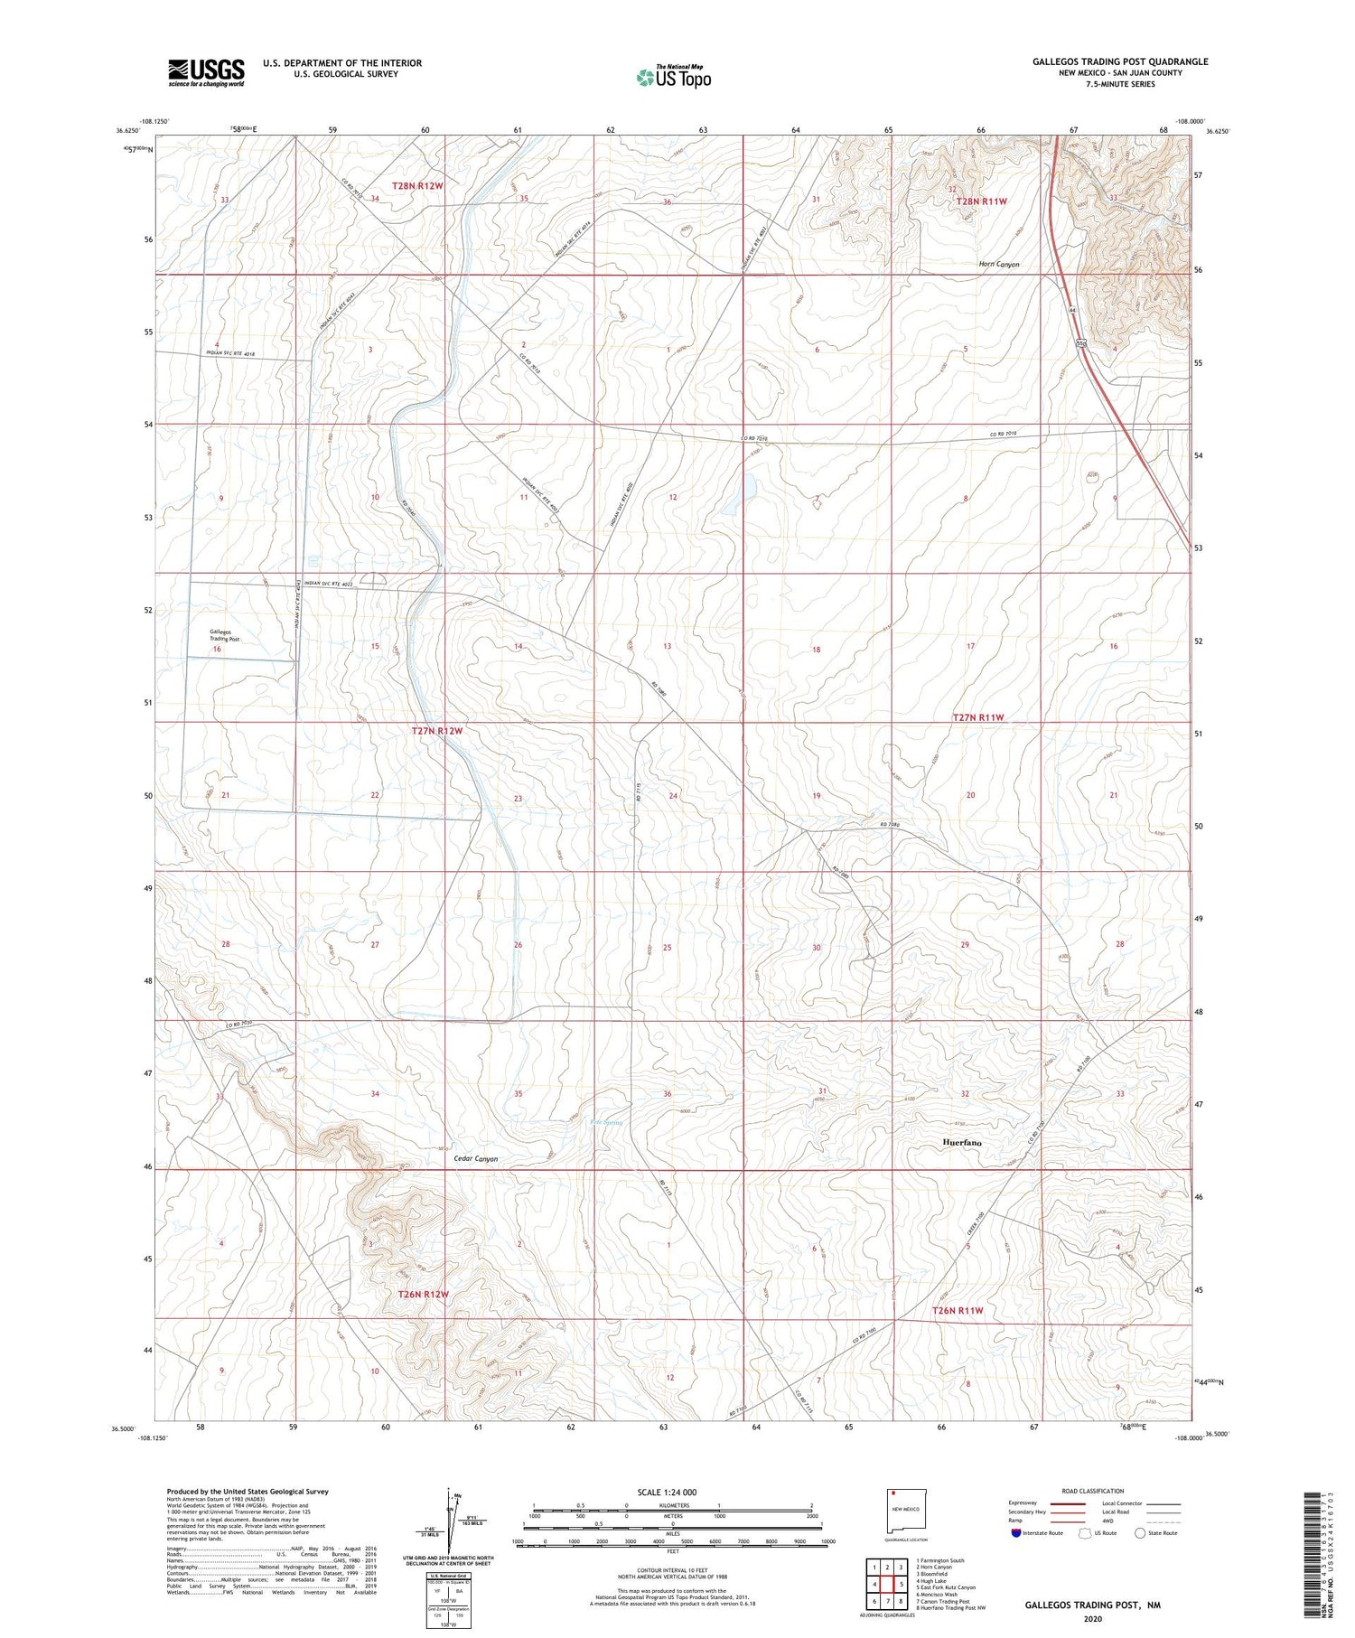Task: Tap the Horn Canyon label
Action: click(x=998, y=265)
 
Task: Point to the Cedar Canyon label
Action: click(x=475, y=1158)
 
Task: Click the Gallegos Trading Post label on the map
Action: click(x=225, y=635)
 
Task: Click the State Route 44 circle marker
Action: click(x=1072, y=310)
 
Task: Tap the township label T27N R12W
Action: click(x=436, y=730)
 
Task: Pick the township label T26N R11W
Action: click(x=958, y=1310)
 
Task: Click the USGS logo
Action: click(x=206, y=72)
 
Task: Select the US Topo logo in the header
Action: click(x=674, y=78)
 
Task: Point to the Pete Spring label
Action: click(x=606, y=1122)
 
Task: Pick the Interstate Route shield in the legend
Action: click(x=1016, y=1533)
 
